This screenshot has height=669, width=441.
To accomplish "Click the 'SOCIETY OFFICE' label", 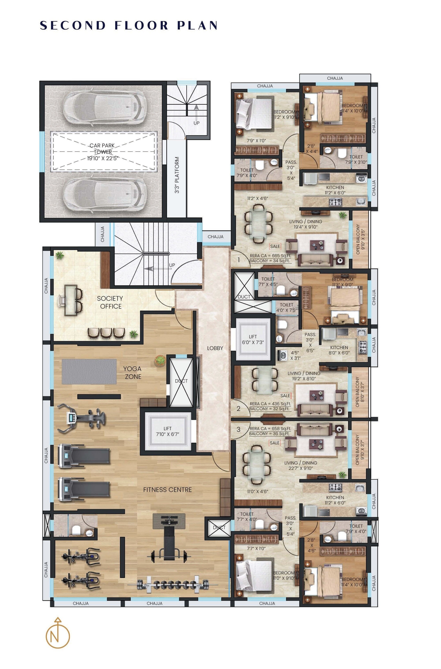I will pyautogui.click(x=110, y=302).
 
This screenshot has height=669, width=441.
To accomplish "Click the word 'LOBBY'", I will pyautogui.click(x=215, y=348).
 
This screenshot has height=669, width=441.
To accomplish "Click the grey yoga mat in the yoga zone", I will pyautogui.click(x=89, y=371).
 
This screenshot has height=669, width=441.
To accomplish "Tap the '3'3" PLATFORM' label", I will pyautogui.click(x=177, y=175).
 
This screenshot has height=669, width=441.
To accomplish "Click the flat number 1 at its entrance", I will pyautogui.click(x=239, y=260).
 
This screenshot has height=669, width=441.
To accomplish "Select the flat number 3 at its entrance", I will pyautogui.click(x=239, y=429).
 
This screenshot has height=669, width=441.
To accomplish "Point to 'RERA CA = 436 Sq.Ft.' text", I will pyautogui.click(x=270, y=404).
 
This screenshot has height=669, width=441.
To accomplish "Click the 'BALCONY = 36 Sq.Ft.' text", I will pyautogui.click(x=269, y=434).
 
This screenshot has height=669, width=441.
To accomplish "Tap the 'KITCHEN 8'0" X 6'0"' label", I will pyautogui.click(x=339, y=350).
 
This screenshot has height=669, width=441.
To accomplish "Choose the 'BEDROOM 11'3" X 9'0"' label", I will pyautogui.click(x=342, y=282).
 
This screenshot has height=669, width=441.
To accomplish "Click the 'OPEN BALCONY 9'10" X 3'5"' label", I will pyautogui.click(x=360, y=239).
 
